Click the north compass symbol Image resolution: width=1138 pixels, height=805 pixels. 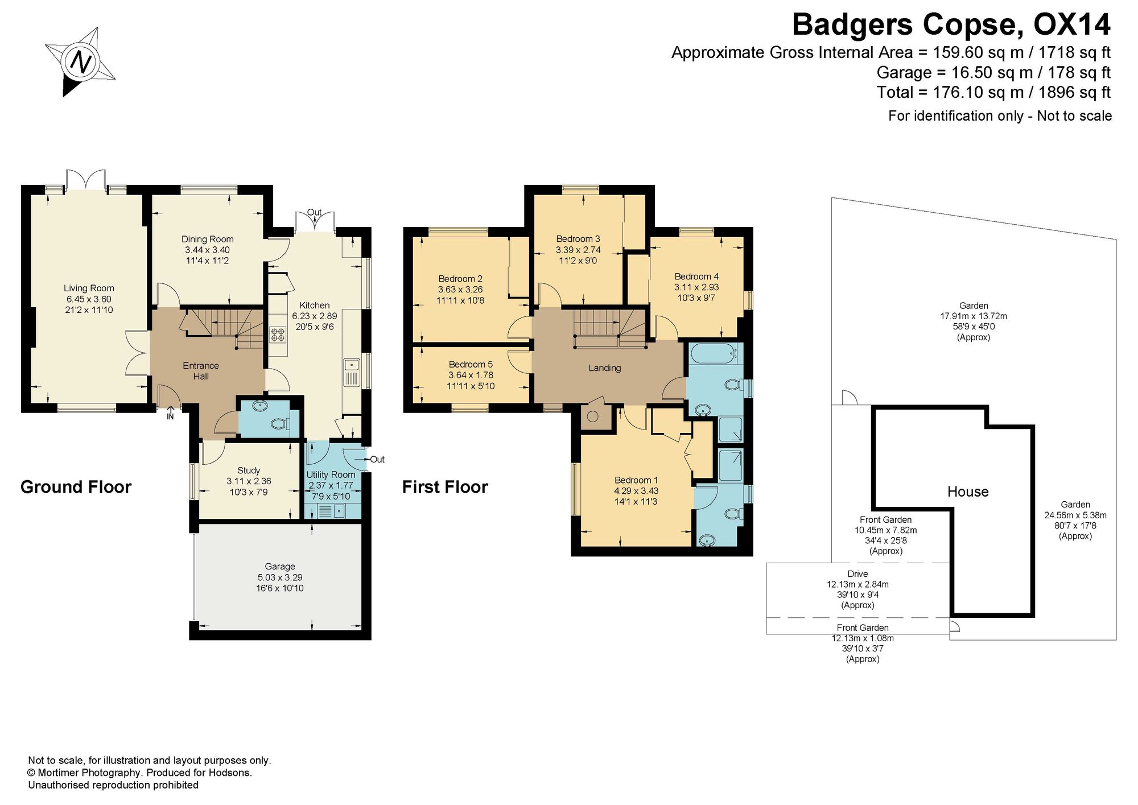(x=80, y=61)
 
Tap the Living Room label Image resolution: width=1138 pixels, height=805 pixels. (x=89, y=288)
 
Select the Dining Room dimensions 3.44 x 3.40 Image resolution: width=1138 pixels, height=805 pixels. (x=207, y=250)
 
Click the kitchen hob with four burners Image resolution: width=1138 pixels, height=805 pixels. (x=278, y=334)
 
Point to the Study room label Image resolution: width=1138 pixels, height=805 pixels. (x=249, y=470)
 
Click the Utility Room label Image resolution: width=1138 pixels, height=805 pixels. (x=331, y=474)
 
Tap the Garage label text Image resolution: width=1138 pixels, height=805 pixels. (x=280, y=567)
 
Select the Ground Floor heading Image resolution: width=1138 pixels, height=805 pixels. (x=76, y=487)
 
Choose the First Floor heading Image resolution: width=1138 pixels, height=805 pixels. (x=445, y=487)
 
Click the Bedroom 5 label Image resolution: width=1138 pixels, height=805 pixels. (x=471, y=365)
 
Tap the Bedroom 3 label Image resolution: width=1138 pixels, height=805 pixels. (x=578, y=239)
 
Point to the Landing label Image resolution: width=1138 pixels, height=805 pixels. (x=604, y=368)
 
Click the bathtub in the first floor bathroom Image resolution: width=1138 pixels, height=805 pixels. (x=714, y=353)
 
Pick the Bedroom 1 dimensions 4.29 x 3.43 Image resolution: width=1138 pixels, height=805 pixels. (x=636, y=491)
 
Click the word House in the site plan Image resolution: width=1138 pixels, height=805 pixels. (x=968, y=492)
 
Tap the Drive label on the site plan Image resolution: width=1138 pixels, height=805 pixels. (x=857, y=574)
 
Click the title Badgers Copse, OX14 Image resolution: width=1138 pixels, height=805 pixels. (x=951, y=24)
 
